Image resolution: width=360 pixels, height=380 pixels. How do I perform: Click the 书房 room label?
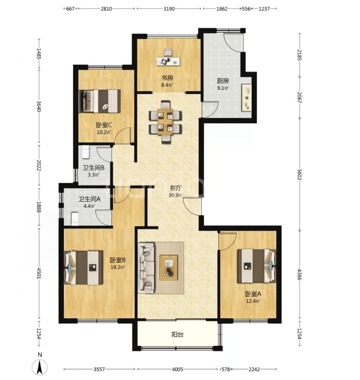point(167,78)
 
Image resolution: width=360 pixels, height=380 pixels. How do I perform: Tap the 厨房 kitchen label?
point(223,81)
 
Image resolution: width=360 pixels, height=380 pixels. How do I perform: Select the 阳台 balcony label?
point(177,335)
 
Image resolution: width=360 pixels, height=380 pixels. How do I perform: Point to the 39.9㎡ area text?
point(175,195)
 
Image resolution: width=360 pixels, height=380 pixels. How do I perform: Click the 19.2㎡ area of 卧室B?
point(118,267)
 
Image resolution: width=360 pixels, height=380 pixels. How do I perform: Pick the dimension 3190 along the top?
point(169,9)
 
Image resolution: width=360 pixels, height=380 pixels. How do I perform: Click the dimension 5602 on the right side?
point(299,174)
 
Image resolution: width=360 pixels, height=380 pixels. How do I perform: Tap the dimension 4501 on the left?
point(39,273)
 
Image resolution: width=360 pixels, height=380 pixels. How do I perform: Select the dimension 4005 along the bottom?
point(177,369)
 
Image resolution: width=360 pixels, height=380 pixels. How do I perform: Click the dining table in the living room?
point(165,122)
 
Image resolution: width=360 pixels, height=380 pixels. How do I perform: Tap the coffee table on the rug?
point(169,268)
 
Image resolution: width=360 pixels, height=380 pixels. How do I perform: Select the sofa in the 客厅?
point(146,268)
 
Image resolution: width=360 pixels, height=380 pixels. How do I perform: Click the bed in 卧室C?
point(100,101)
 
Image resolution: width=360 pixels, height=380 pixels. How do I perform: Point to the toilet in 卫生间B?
point(86,152)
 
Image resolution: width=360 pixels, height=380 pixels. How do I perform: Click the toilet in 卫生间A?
point(75,219)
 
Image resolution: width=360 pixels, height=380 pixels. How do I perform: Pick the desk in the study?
point(169,61)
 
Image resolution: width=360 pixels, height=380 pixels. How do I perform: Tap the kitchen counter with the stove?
point(247,97)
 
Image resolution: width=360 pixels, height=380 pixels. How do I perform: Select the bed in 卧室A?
point(257,266)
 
